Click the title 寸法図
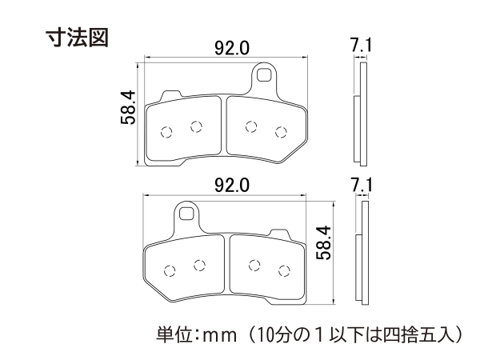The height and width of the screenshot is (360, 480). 77,38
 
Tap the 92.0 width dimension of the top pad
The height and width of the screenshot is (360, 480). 232,48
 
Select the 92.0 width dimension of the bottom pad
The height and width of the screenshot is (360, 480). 232,186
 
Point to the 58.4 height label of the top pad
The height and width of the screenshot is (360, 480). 128,107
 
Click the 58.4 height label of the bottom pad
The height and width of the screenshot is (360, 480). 323,242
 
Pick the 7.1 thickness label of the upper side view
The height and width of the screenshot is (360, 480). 361,46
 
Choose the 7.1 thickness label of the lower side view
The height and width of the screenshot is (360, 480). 362,186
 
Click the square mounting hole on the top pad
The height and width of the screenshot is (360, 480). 264,74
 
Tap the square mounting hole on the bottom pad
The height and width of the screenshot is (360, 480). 186,214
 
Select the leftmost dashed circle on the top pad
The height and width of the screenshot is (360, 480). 166,132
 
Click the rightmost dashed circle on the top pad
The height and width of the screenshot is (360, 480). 281,132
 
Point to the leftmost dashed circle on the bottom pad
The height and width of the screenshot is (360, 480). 170,270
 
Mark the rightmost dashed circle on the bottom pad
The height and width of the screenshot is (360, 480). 284,270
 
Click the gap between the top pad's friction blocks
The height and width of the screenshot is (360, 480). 223,126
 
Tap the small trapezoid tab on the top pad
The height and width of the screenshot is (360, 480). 171,95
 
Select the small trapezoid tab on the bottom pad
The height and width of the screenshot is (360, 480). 279,234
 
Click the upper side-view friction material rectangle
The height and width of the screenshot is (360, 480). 357,129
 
